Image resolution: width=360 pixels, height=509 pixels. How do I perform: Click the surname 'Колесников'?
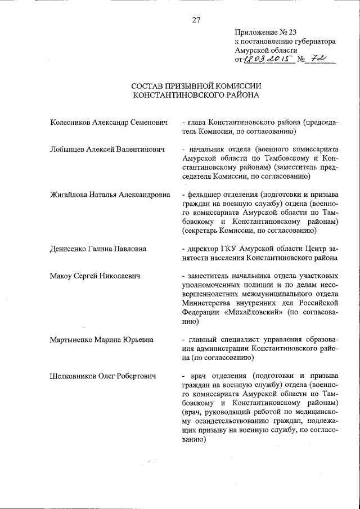click(71, 122)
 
